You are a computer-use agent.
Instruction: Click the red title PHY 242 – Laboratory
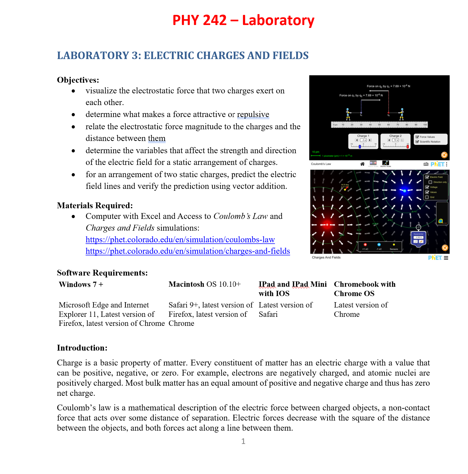tap(243, 20)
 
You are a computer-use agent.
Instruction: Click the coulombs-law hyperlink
tap(180, 240)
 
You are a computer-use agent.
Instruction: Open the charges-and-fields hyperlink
tap(187, 251)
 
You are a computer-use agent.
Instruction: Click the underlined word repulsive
tap(253, 114)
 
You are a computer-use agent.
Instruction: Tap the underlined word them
tap(157, 138)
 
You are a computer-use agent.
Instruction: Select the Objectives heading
tap(78, 80)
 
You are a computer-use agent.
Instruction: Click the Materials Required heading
tap(95, 206)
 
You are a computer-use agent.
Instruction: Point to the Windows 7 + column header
tap(81, 284)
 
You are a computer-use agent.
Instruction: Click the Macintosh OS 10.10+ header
tap(204, 284)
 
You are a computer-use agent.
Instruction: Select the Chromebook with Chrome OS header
tap(364, 289)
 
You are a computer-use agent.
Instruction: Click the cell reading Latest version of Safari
tap(285, 309)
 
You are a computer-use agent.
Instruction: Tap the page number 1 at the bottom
tap(243, 441)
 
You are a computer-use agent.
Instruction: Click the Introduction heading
tap(82, 348)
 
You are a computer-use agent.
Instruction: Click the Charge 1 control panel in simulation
tap(363, 141)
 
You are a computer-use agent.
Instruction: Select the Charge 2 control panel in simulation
tap(395, 141)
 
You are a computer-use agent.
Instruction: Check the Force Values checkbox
tap(417, 137)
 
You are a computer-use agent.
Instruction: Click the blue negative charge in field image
tap(404, 191)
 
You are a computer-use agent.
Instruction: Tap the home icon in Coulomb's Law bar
tap(362, 164)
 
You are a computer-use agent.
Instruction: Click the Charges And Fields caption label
tap(326, 257)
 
